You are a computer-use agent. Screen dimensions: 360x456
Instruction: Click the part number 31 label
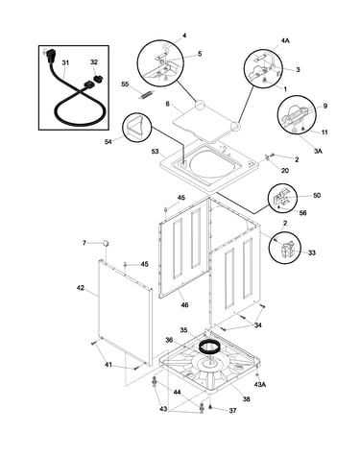[65, 62]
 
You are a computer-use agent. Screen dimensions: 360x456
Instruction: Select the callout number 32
[94, 62]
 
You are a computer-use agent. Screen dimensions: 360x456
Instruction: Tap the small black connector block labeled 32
[98, 79]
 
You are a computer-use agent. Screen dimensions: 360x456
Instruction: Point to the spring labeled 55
[146, 94]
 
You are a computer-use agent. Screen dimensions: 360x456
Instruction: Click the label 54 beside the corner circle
[108, 141]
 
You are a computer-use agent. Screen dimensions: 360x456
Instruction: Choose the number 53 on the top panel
[156, 151]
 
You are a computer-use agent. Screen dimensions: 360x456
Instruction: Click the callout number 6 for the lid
[167, 104]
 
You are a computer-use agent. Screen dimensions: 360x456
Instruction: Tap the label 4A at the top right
[285, 40]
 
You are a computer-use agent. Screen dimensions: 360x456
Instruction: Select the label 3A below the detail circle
[318, 151]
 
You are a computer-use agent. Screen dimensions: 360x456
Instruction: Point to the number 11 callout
[324, 132]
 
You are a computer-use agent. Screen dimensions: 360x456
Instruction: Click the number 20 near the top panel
[285, 171]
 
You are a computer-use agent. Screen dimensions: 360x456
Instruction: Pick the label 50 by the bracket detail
[317, 195]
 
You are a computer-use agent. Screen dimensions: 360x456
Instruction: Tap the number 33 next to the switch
[312, 252]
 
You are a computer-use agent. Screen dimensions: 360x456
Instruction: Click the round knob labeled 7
[106, 243]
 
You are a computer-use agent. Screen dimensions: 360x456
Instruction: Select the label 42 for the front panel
[80, 288]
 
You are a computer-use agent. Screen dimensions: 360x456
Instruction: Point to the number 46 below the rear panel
[184, 305]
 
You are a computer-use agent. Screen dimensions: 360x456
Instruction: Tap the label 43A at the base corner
[260, 385]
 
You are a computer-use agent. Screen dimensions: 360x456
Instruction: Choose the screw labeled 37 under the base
[210, 406]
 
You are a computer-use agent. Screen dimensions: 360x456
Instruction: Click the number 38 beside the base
[246, 399]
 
